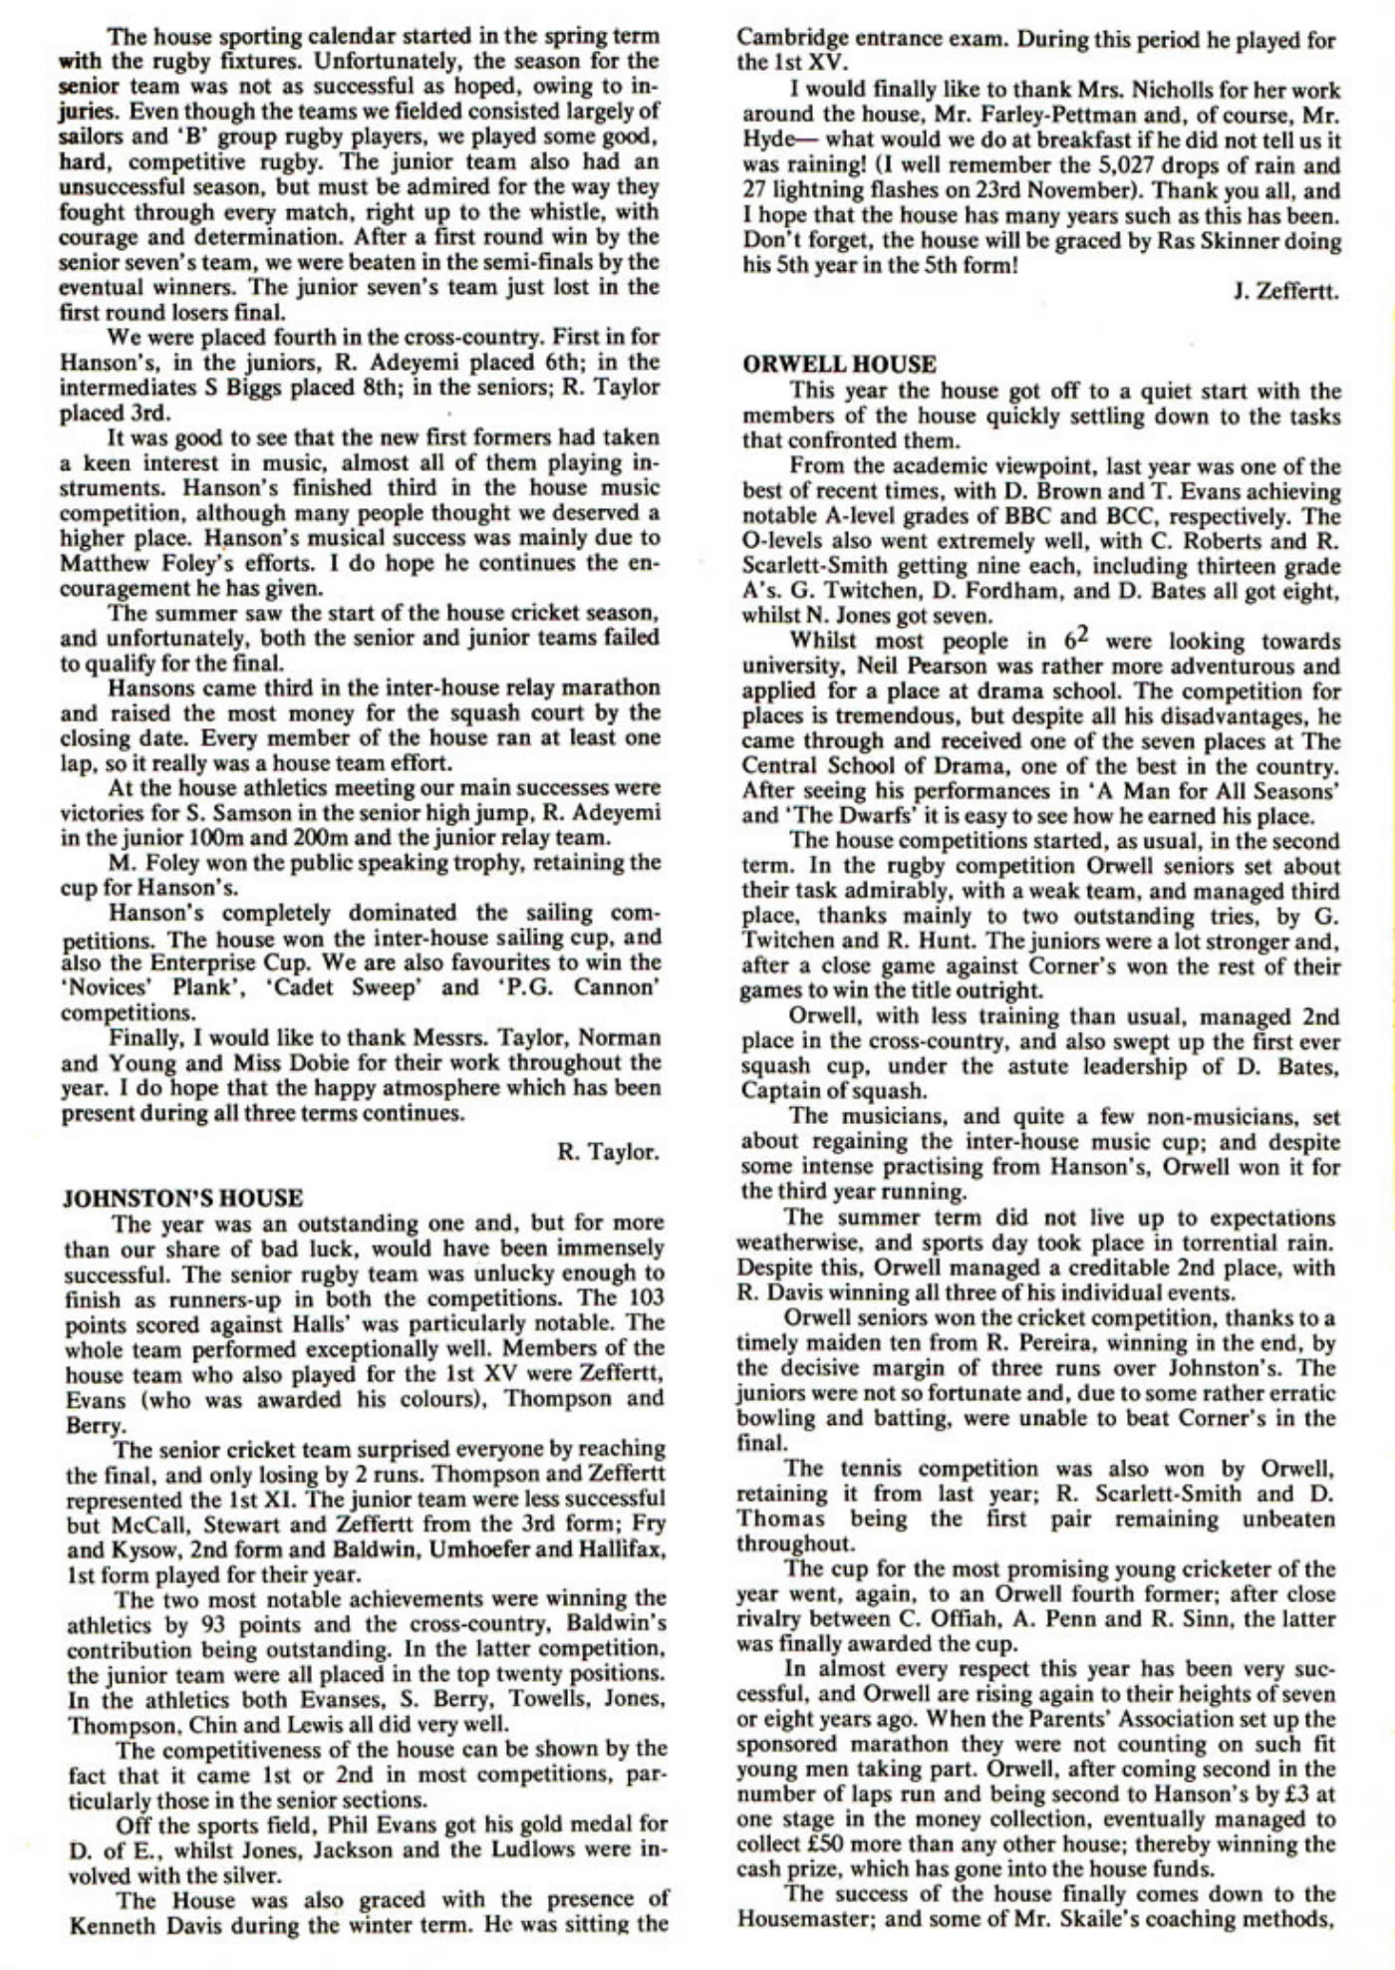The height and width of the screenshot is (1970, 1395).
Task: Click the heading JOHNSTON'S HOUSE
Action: [x=182, y=1198]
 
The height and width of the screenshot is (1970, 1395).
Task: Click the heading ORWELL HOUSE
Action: [x=839, y=365]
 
